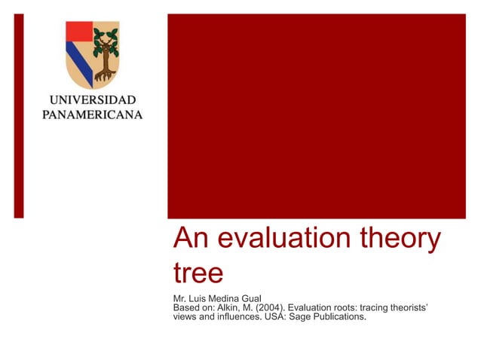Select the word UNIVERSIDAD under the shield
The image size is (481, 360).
point(93,100)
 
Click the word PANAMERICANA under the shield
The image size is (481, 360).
point(93,114)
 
